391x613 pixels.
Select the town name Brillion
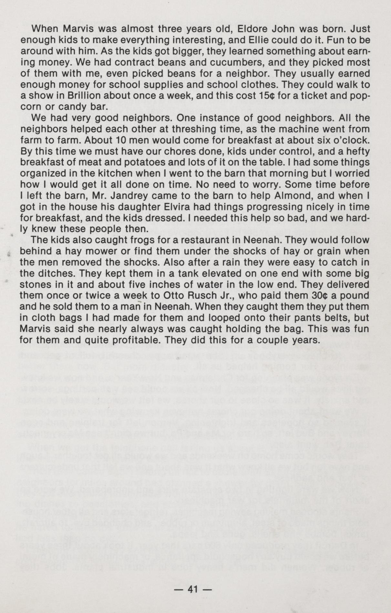(85, 96)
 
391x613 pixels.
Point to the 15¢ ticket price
(267, 96)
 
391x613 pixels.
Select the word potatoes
(139, 162)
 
